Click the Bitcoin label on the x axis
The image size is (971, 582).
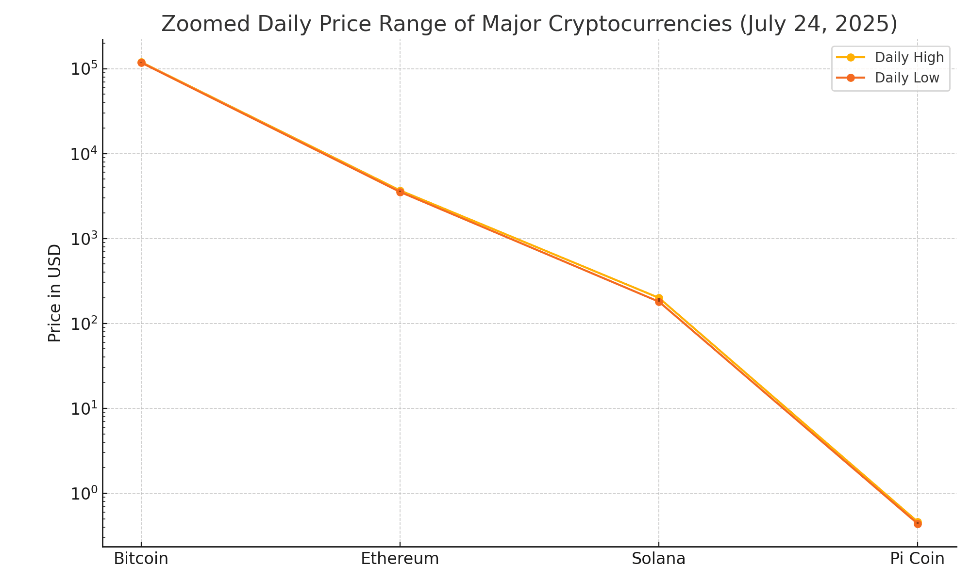click(x=141, y=559)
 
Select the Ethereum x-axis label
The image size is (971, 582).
click(x=400, y=559)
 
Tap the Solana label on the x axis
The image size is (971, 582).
click(x=658, y=559)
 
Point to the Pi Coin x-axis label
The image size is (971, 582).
click(x=917, y=559)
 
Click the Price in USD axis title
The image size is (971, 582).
click(x=55, y=293)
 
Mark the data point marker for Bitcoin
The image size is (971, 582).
click(x=141, y=63)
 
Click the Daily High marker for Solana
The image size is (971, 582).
click(x=659, y=298)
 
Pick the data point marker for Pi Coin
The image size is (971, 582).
click(x=917, y=523)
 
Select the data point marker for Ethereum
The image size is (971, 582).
click(x=400, y=192)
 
